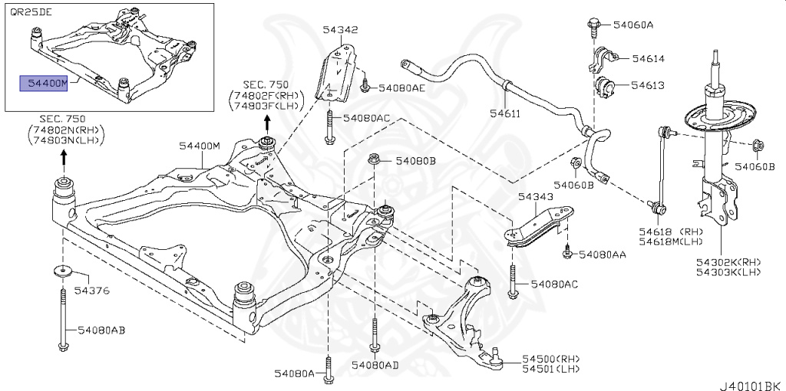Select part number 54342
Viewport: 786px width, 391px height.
point(340,30)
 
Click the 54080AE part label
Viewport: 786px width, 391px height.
point(398,88)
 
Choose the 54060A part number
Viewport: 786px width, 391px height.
point(633,25)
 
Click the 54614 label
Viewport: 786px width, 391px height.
point(648,58)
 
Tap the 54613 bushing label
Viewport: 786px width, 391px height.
point(648,85)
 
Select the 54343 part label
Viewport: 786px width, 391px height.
point(535,197)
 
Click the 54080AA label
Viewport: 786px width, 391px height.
point(603,254)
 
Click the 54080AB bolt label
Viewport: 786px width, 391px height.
point(101,330)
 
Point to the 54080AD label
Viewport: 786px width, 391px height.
point(375,365)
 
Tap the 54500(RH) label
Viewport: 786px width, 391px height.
point(551,358)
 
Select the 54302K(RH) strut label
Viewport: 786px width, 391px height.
point(728,261)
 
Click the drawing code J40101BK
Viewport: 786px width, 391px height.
point(749,381)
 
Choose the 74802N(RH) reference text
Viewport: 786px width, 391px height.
point(65,130)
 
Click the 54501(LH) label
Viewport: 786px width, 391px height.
point(550,368)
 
